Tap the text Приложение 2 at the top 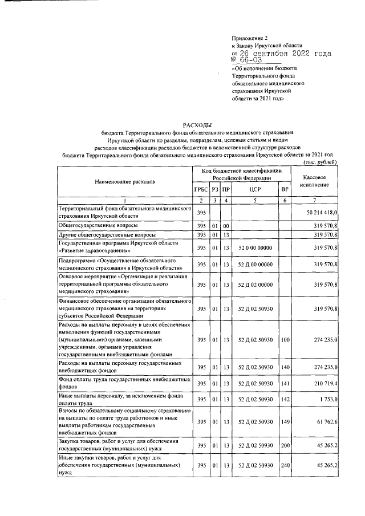(x=250, y=38)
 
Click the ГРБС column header (x=200, y=189)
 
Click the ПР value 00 (x=226, y=226)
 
